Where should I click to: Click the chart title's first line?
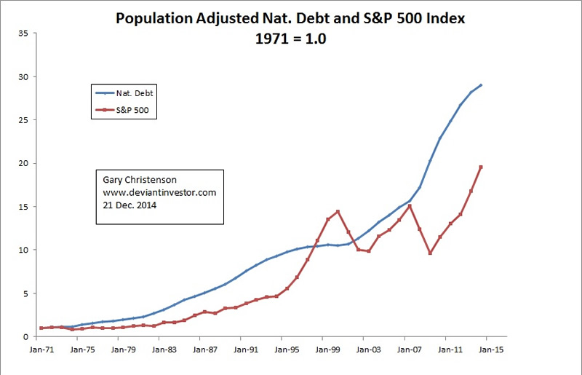(x=289, y=19)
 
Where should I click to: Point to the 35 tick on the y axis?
(x=23, y=33)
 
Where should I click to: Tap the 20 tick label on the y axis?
(x=23, y=164)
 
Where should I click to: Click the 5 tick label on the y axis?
(x=25, y=293)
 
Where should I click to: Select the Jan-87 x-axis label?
(x=206, y=349)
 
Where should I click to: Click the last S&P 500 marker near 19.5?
(x=481, y=167)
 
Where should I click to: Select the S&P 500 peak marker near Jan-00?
(x=338, y=212)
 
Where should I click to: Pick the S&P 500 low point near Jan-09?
(x=430, y=253)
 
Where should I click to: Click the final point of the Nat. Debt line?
(x=481, y=85)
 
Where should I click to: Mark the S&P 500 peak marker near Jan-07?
(x=410, y=206)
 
